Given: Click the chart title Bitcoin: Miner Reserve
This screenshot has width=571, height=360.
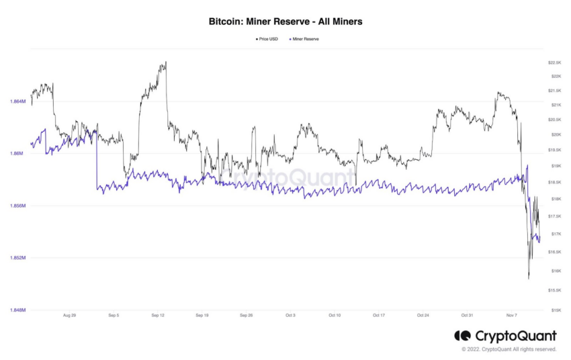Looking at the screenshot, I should (x=285, y=21).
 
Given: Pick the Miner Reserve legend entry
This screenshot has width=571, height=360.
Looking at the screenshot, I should (x=306, y=39).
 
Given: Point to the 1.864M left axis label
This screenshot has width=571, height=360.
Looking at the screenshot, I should (x=17, y=101).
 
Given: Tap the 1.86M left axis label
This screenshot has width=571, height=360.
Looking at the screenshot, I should (x=19, y=154).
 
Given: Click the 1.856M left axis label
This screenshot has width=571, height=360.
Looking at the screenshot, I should (x=17, y=206).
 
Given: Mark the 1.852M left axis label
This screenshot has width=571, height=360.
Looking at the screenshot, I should (x=17, y=258).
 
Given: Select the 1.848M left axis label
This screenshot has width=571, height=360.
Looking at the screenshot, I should (x=17, y=310).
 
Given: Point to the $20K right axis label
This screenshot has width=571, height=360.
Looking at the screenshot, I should (x=554, y=135).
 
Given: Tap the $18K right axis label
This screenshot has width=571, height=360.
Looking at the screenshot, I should (x=554, y=199).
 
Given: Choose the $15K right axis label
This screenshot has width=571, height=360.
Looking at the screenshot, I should (x=554, y=310).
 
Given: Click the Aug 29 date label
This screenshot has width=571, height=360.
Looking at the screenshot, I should (x=70, y=315).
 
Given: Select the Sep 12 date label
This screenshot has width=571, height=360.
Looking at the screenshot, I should (x=157, y=315).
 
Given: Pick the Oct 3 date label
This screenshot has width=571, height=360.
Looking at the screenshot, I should (x=290, y=315).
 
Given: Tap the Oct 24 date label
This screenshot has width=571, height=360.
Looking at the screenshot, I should (x=423, y=315).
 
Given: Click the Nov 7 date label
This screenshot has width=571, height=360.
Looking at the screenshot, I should (x=511, y=315).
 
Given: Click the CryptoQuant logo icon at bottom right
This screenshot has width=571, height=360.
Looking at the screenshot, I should (x=462, y=335).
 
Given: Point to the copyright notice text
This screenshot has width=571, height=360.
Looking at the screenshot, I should (x=509, y=349).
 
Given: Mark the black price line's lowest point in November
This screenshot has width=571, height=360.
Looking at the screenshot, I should (x=529, y=278).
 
